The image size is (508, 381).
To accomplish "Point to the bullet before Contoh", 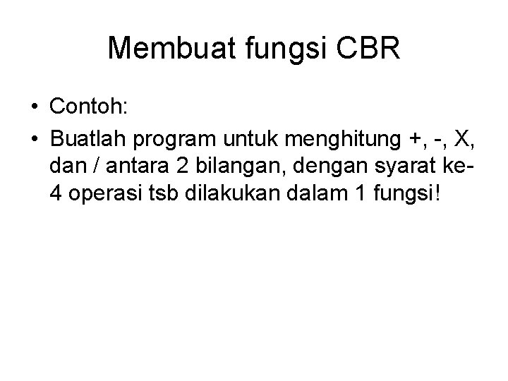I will pos(35,108).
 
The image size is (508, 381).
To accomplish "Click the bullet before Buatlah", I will pos(35,139).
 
